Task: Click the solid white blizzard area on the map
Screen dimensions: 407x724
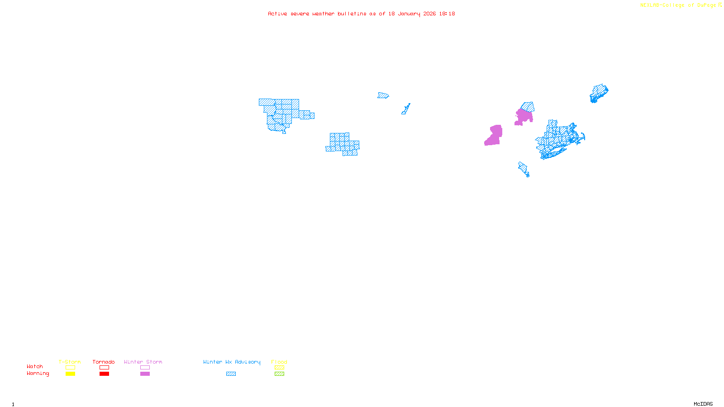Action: pyautogui.click(x=307, y=104)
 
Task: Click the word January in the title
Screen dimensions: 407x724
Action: pyautogui.click(x=409, y=14)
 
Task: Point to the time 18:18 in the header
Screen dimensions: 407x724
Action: pyautogui.click(x=447, y=14)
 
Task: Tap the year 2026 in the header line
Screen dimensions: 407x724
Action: pyautogui.click(x=429, y=14)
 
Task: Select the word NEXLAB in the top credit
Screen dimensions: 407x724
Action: pyautogui.click(x=649, y=5)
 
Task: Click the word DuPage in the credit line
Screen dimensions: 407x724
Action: pyautogui.click(x=706, y=5)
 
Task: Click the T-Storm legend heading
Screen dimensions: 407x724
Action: pyautogui.click(x=70, y=362)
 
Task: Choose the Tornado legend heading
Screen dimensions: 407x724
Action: pyautogui.click(x=104, y=362)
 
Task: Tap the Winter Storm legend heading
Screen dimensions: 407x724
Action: pyautogui.click(x=143, y=362)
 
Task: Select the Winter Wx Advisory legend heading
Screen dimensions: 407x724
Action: pyautogui.click(x=232, y=362)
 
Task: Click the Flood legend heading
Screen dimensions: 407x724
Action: pyautogui.click(x=279, y=362)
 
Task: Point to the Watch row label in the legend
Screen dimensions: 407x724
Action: pyautogui.click(x=35, y=366)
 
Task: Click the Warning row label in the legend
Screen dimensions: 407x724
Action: pyautogui.click(x=38, y=374)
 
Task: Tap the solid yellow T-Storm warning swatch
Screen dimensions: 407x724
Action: pyautogui.click(x=70, y=374)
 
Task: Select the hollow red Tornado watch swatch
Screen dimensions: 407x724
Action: pyautogui.click(x=104, y=368)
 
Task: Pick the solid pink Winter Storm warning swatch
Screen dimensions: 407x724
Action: pyautogui.click(x=145, y=374)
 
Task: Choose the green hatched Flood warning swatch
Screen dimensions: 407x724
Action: pyautogui.click(x=279, y=374)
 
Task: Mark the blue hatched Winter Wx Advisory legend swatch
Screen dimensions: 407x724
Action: pyautogui.click(x=231, y=374)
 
